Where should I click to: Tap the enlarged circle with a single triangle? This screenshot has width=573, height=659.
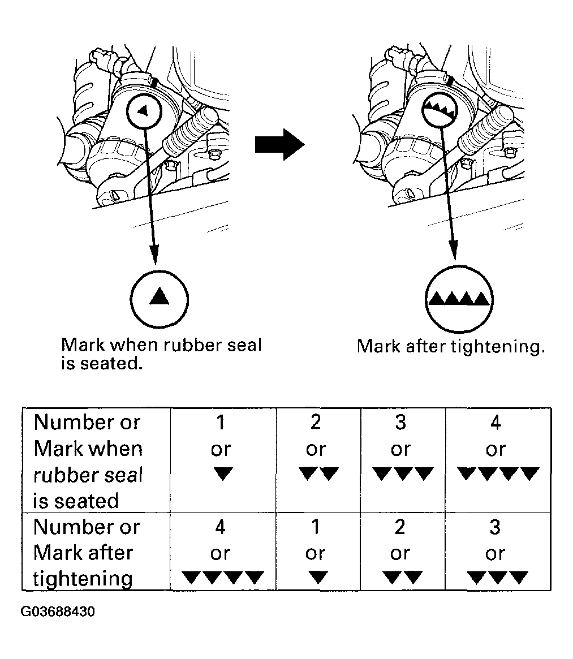tap(160, 296)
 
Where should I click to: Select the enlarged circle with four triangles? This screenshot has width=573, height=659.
tap(458, 297)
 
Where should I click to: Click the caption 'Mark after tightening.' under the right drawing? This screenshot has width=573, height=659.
tap(451, 346)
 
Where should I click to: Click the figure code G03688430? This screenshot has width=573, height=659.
tap(58, 612)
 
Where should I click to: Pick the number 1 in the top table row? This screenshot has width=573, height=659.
tap(221, 422)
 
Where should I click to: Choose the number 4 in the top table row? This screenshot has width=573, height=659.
tap(495, 422)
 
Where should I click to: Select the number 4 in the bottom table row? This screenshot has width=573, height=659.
tap(221, 527)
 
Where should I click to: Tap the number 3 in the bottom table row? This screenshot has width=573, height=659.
tap(495, 527)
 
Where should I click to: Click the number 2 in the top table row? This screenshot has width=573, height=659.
tap(316, 422)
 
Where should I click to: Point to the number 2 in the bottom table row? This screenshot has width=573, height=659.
tap(400, 527)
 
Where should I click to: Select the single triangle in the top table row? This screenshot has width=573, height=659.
tap(223, 473)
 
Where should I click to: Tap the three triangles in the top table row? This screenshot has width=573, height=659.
tap(403, 473)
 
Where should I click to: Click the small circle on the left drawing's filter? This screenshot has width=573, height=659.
tap(145, 111)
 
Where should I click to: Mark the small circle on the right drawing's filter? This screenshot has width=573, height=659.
tap(438, 111)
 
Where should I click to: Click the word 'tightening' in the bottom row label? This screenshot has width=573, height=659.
tap(83, 579)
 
